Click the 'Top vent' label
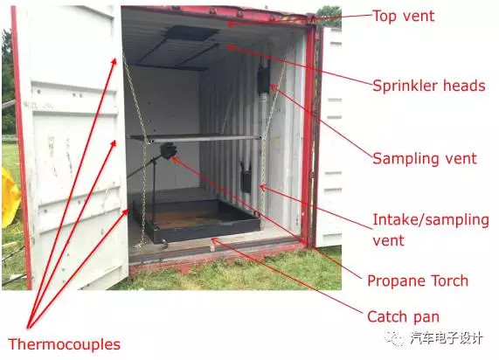pos(403,16)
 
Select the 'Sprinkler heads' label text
pos(429,86)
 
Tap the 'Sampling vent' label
pos(425,158)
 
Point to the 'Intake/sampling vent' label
pos(430,230)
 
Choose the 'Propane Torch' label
pos(418,280)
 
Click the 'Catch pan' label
pos(403,316)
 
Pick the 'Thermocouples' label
pos(64,344)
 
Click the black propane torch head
pos(168,150)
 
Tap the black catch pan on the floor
pos(197,220)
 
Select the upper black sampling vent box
pos(264,79)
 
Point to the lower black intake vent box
pos(246,180)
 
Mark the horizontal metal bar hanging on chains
pos(195,138)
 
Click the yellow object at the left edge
pos(10,197)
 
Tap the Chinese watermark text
pos(435,338)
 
